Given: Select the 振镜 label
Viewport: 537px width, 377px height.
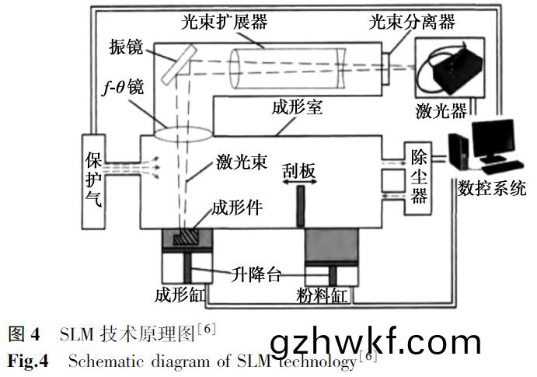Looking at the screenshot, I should (x=127, y=47).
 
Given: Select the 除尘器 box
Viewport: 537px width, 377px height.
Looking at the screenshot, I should (x=419, y=175).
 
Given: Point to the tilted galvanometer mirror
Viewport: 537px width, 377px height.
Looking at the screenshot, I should (x=178, y=60).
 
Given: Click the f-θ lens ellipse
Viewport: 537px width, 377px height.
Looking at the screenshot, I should (x=182, y=132).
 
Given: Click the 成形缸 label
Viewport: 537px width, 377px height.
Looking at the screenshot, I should (x=180, y=296).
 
